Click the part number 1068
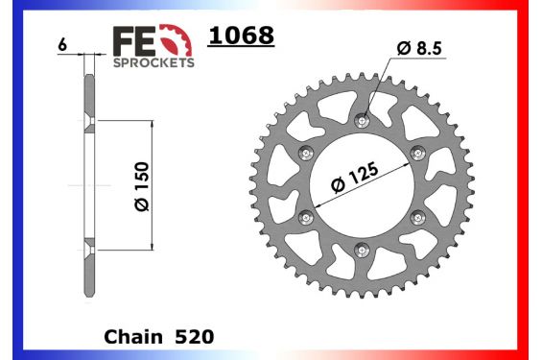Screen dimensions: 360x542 pyautogui.click(x=241, y=36)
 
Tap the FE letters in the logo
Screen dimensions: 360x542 pyautogui.click(x=132, y=41)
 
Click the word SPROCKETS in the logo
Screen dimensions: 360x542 pyautogui.click(x=154, y=62)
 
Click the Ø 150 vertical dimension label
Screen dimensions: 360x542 pyautogui.click(x=141, y=185)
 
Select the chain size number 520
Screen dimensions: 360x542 pyautogui.click(x=194, y=337)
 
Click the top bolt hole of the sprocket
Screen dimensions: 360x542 pyautogui.click(x=362, y=121)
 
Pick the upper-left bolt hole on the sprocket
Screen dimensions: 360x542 pyautogui.click(x=306, y=153)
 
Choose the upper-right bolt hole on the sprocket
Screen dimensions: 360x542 pyautogui.click(x=417, y=153)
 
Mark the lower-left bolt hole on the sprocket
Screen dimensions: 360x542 pyautogui.click(x=306, y=217)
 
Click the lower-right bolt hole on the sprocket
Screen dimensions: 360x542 pyautogui.click(x=417, y=217)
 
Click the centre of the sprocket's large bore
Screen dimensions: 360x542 pyautogui.click(x=362, y=185)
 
